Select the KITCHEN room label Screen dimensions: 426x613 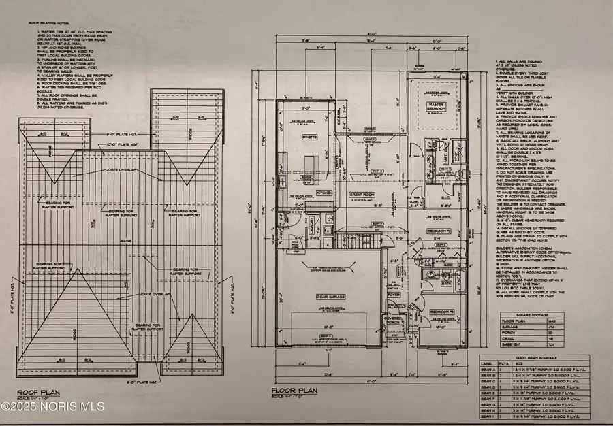324,193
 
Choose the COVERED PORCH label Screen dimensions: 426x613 394,319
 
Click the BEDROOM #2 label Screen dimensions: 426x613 439,231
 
